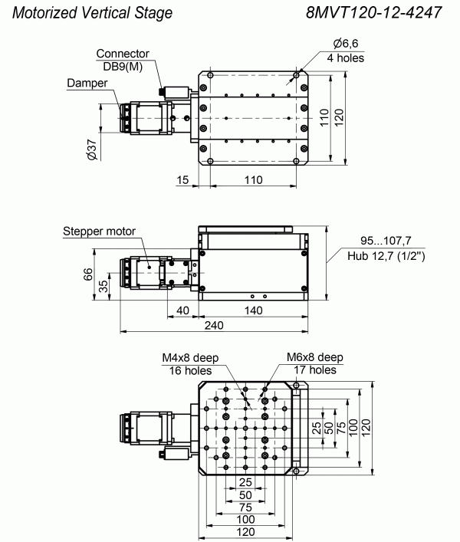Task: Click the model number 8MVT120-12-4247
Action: [373, 13]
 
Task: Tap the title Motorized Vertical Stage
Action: [92, 13]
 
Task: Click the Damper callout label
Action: [87, 83]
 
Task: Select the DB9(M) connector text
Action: [123, 67]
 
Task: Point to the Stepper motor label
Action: [99, 231]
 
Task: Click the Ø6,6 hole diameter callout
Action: [346, 44]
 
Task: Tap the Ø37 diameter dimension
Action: [92, 149]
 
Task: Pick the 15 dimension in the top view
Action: [182, 179]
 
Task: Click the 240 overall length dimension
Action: [214, 325]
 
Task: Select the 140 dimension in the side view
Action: [253, 310]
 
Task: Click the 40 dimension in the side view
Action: [182, 310]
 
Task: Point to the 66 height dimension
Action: [88, 274]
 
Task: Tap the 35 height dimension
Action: [103, 286]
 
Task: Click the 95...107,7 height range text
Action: [386, 241]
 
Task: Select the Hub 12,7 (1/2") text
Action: [386, 256]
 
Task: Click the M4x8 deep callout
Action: [190, 358]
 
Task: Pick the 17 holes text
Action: [315, 370]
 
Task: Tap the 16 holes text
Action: [190, 370]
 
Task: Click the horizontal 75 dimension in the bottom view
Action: [245, 508]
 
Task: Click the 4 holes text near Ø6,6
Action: [346, 57]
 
